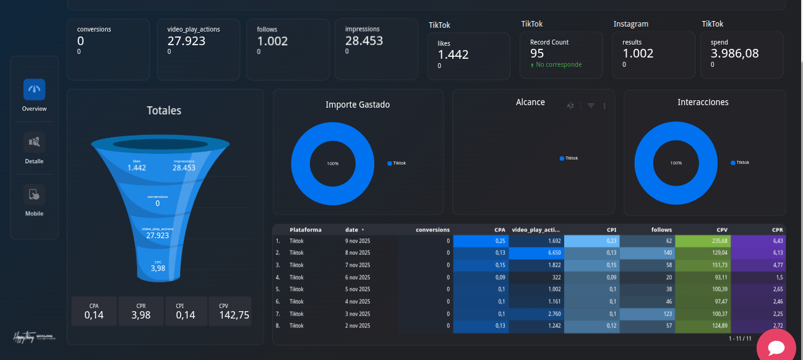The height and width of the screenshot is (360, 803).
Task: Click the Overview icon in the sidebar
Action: tap(34, 90)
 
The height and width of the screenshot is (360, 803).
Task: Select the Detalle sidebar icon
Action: tap(34, 142)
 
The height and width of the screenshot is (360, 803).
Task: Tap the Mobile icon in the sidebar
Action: tap(34, 195)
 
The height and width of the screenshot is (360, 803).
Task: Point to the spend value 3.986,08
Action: tap(734, 53)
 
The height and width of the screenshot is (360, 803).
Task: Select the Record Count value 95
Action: tap(537, 53)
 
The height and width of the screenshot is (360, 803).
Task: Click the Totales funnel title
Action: tap(164, 111)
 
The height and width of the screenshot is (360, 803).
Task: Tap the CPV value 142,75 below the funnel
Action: tap(234, 315)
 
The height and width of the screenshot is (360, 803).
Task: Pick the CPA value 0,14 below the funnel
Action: tap(94, 315)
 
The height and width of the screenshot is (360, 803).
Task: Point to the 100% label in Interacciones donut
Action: tap(676, 163)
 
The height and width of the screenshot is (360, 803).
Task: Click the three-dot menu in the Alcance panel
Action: tap(604, 106)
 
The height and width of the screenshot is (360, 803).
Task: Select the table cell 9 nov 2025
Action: tap(358, 241)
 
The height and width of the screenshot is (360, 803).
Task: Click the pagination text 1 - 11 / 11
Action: tap(740, 338)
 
